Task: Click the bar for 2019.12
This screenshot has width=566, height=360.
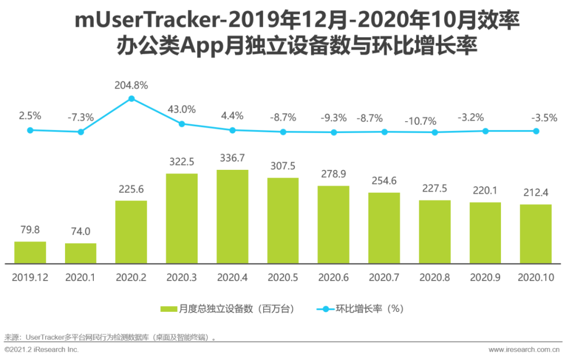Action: coord(30,253)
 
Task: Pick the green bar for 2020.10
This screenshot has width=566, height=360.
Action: coord(536,234)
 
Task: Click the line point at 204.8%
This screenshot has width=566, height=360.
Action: coord(132,99)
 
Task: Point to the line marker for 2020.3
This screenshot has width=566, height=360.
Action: coord(182,124)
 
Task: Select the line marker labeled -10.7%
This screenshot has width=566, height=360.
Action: coord(434,133)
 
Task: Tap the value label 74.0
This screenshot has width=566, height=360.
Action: coord(81,232)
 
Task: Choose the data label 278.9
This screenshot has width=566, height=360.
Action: coord(333,174)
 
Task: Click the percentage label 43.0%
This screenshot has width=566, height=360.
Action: coord(182,110)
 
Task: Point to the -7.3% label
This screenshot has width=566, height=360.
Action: coord(81,117)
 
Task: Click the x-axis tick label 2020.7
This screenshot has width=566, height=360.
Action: coord(384,278)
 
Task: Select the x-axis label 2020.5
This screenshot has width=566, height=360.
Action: coord(283,278)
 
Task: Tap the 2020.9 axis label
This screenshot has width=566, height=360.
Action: coord(485,278)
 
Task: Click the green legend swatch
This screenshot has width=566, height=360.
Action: coord(169,309)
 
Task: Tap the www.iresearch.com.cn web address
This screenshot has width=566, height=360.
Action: coord(525,349)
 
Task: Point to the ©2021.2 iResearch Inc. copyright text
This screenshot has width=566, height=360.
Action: coord(42,349)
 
